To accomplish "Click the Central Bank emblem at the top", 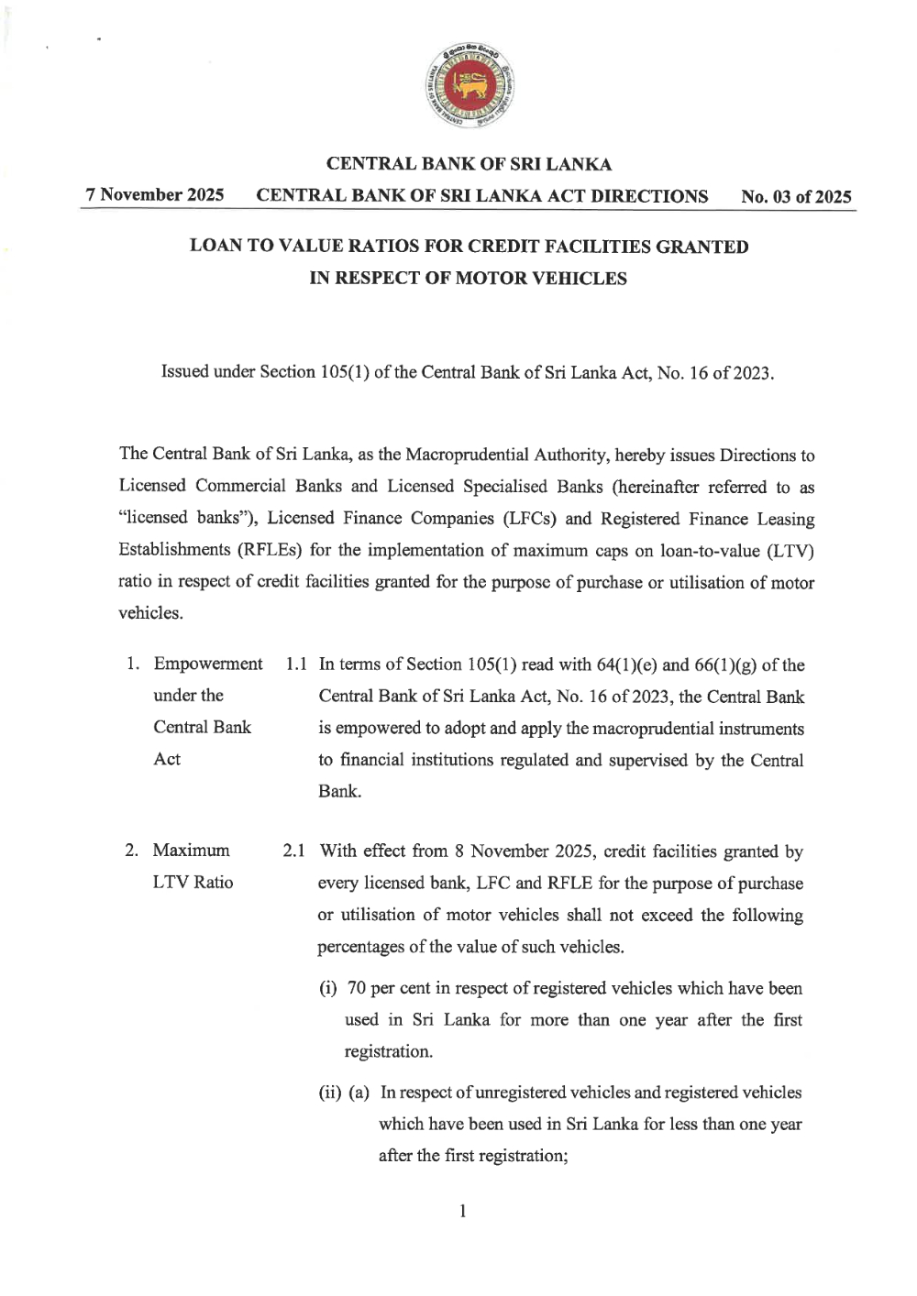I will (470, 84).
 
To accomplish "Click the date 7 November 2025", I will (155, 195).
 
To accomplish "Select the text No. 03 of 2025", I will (796, 197).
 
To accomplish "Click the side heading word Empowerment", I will (208, 664).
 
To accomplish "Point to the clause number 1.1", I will (296, 664).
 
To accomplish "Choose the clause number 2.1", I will (294, 851).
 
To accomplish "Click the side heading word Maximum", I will (191, 851).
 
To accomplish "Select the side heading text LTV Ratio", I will (193, 883).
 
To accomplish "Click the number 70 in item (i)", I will (357, 989).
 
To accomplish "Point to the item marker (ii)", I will (330, 1093).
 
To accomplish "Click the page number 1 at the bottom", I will (463, 1212).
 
